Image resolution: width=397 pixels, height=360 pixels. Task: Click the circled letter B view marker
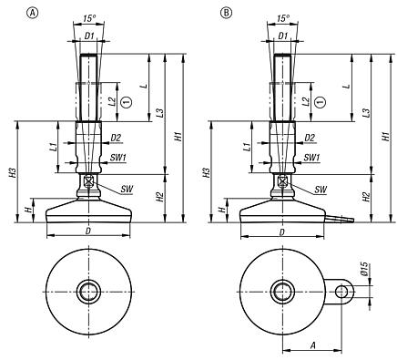click(224, 11)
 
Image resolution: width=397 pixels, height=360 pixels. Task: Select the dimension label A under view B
click(312, 345)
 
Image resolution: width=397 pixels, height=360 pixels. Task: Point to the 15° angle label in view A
click(87, 17)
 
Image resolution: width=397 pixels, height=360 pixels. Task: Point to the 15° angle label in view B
click(285, 17)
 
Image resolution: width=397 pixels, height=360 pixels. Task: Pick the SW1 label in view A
click(117, 158)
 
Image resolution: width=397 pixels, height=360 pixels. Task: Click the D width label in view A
click(87, 233)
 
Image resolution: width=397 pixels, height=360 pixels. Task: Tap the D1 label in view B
click(285, 37)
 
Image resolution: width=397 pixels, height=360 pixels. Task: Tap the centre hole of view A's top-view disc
click(88, 292)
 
